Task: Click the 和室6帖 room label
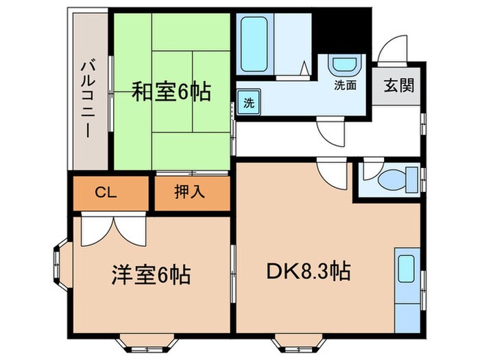pos(171,91)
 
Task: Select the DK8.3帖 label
pos(309,272)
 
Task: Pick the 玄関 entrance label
pos(398,86)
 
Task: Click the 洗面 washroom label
pos(345,86)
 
